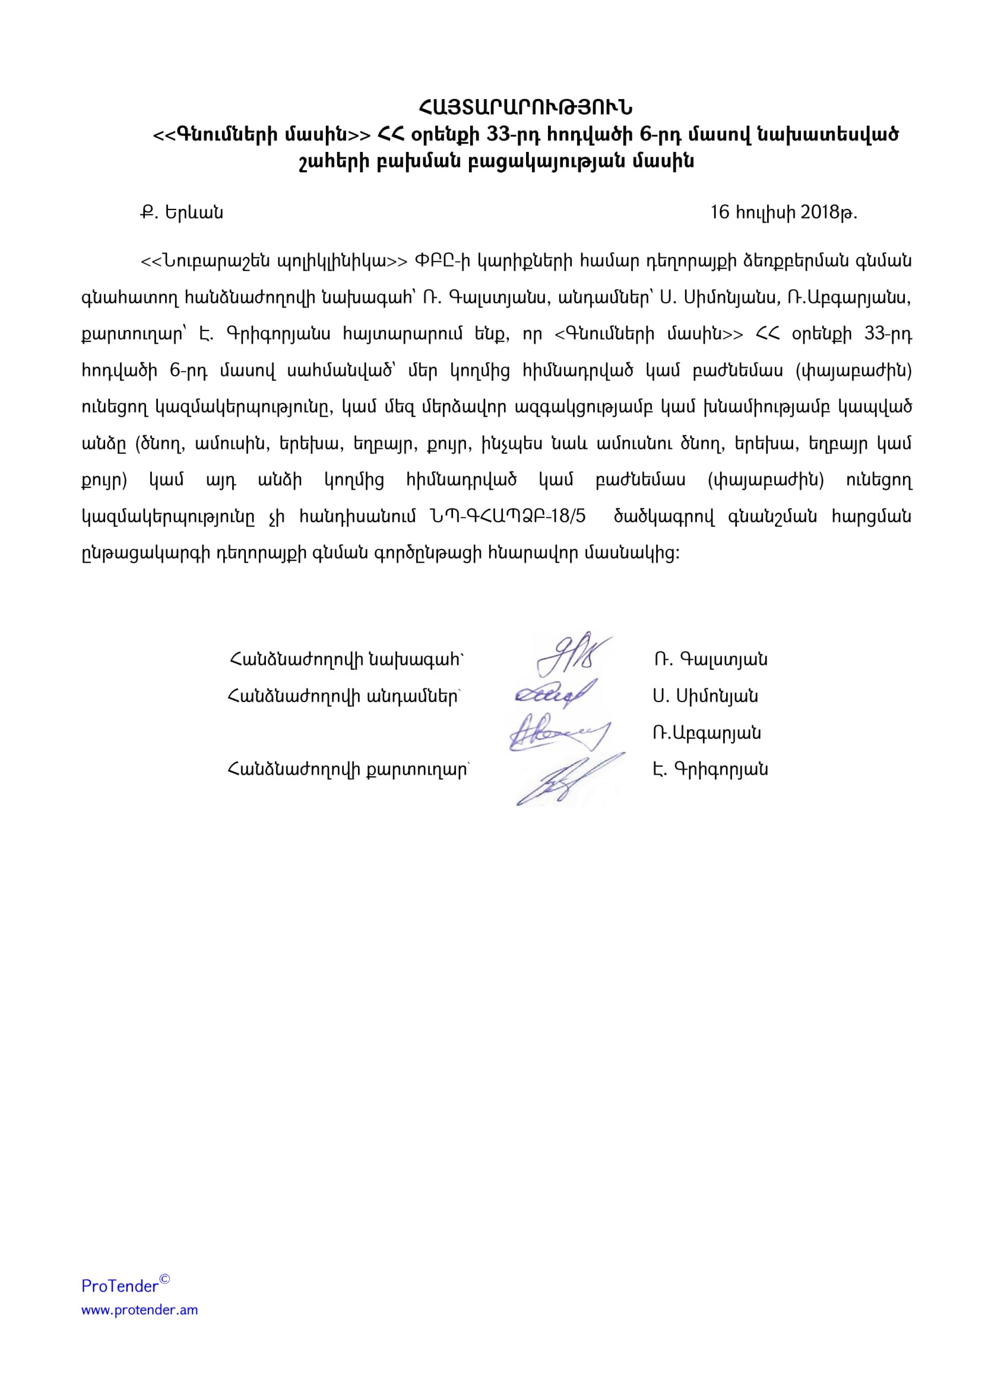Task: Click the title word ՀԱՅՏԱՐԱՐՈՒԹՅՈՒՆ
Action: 525,107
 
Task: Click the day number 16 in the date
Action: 720,212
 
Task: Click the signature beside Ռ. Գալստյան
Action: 571,656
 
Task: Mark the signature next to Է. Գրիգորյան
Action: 565,777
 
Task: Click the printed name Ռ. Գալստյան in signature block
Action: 710,659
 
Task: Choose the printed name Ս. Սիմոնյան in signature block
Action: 705,696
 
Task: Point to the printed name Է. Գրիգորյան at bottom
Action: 710,769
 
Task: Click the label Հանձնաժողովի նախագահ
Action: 347,659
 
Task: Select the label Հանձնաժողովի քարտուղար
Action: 349,769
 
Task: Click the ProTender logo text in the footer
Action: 120,1286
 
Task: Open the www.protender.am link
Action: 140,1310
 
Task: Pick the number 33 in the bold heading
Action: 499,134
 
